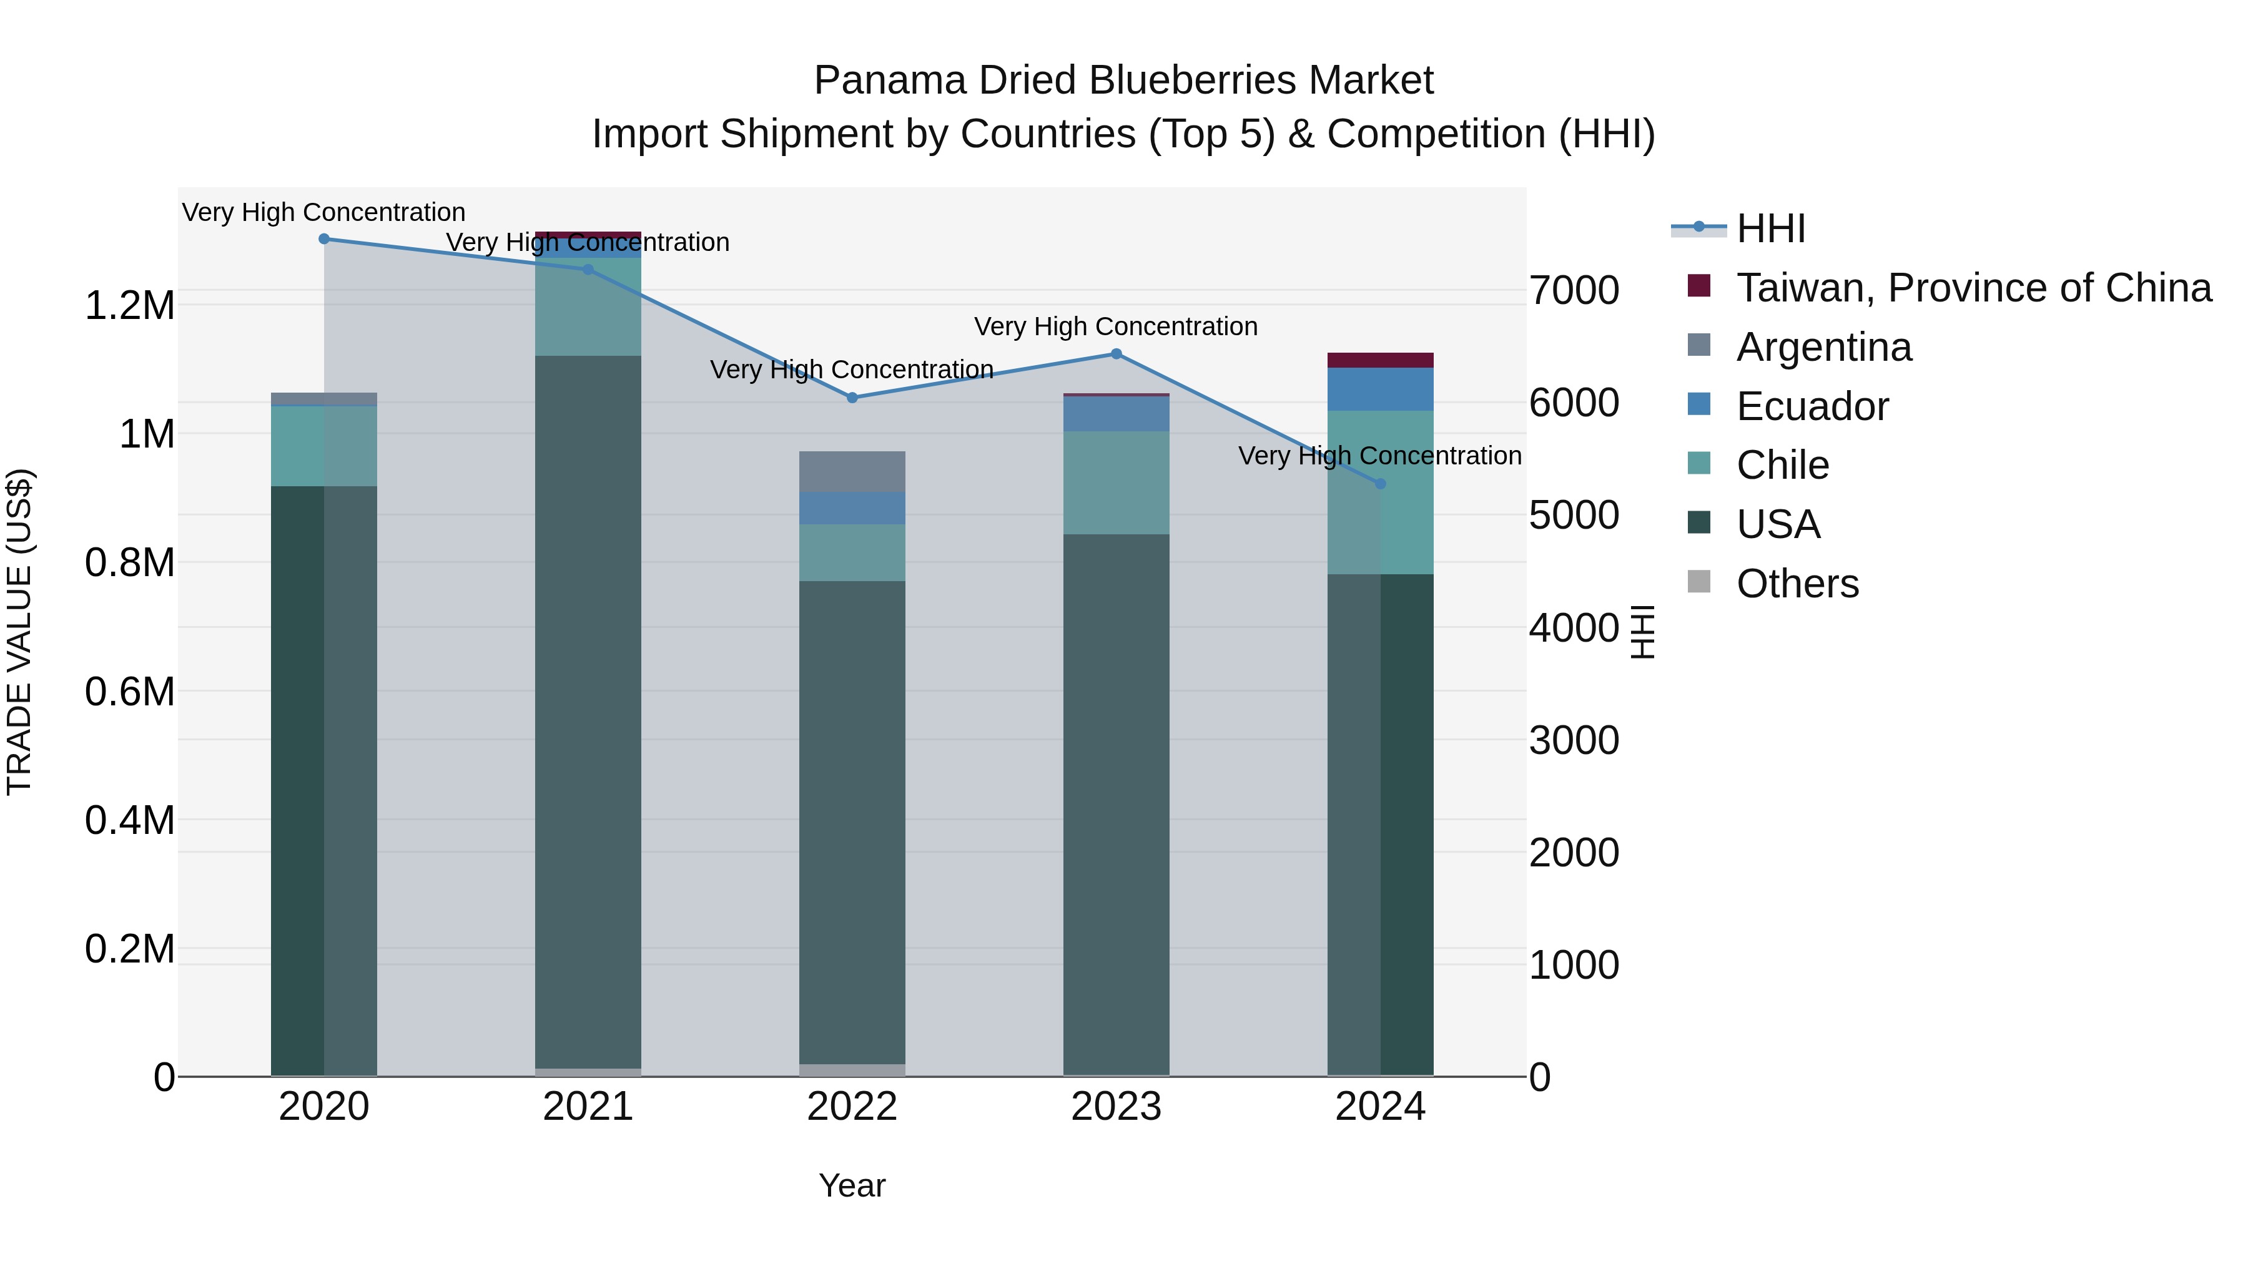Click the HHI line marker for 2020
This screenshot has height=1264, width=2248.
coord(323,239)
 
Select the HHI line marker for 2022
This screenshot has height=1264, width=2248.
coord(852,398)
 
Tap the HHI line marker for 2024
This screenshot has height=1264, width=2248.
coord(1379,483)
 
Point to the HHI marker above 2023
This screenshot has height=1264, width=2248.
coord(1116,354)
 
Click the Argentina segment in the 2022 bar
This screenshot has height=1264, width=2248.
coord(852,472)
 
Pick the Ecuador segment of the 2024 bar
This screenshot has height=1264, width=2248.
coord(1379,389)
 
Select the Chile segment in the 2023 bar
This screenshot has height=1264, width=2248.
coord(1116,483)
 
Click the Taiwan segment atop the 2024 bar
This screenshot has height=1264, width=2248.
coord(1379,360)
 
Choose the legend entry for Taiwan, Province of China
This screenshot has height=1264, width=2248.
coord(1973,288)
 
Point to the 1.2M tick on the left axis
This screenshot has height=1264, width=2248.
coord(129,306)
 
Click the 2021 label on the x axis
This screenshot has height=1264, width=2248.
coord(588,1107)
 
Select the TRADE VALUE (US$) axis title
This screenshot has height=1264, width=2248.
coord(19,632)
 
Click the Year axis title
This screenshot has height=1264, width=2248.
coord(852,1185)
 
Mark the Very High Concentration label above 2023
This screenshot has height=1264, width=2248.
coord(1115,327)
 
